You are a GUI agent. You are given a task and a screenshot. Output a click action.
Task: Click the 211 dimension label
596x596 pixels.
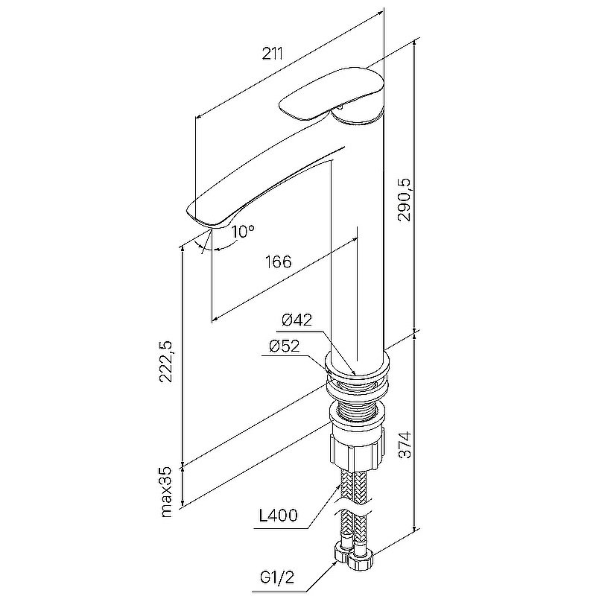pyautogui.click(x=273, y=54)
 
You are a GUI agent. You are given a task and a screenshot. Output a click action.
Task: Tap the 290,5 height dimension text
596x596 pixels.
pyautogui.click(x=405, y=200)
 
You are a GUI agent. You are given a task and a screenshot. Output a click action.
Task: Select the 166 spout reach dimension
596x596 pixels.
pyautogui.click(x=278, y=262)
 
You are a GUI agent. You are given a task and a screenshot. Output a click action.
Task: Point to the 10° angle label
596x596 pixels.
pyautogui.click(x=243, y=231)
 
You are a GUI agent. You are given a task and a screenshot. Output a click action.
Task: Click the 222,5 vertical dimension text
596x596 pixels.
pyautogui.click(x=166, y=361)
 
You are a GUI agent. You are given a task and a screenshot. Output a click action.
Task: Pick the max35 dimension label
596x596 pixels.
pyautogui.click(x=166, y=492)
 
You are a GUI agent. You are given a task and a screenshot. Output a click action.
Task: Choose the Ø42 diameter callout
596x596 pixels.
pyautogui.click(x=297, y=320)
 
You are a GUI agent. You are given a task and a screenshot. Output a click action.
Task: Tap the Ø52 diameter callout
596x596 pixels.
pyautogui.click(x=285, y=346)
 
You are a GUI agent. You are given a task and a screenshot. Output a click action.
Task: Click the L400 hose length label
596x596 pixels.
pyautogui.click(x=278, y=516)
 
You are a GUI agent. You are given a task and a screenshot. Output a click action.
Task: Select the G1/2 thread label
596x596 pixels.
pyautogui.click(x=277, y=578)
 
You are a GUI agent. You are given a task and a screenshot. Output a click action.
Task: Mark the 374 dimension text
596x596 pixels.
pyautogui.click(x=405, y=444)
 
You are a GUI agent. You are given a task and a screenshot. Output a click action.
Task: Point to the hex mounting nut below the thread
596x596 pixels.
pyautogui.click(x=356, y=448)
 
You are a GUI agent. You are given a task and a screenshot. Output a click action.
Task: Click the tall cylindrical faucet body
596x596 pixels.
pyautogui.click(x=358, y=235)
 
